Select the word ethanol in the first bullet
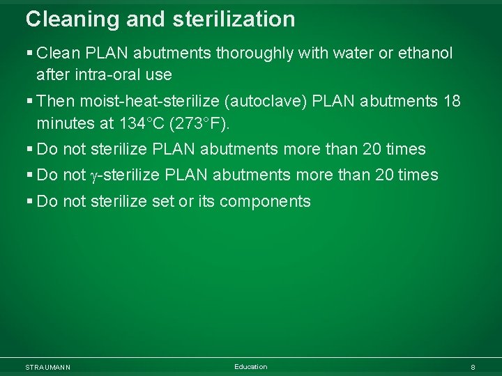tap(425, 53)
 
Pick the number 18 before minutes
tap(452, 101)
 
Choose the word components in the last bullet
tap(265, 201)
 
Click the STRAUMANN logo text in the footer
tap(47, 367)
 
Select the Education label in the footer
tap(250, 367)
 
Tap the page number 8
tap(473, 367)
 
